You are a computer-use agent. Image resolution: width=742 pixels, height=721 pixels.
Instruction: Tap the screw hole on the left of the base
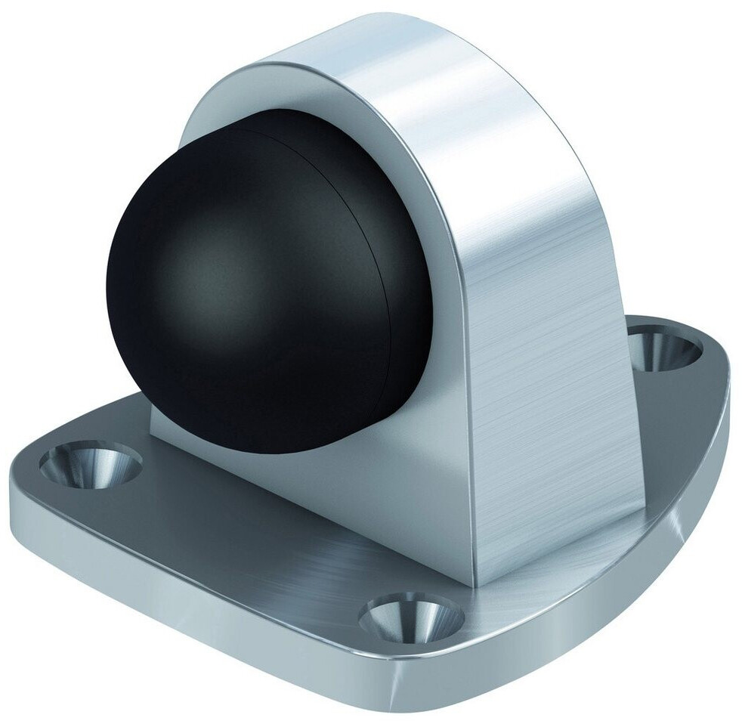(90, 463)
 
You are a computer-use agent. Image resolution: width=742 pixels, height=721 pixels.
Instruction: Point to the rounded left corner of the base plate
(30, 469)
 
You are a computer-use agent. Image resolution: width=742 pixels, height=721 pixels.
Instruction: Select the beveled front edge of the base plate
(227, 597)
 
